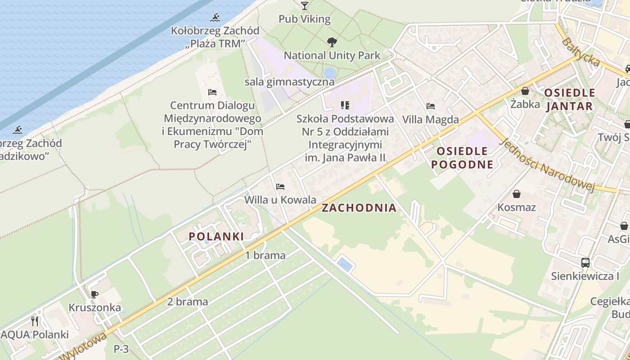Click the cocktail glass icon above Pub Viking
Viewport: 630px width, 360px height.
(x=305, y=5)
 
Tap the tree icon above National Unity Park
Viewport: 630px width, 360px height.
(x=332, y=42)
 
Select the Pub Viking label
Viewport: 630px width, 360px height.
(x=305, y=19)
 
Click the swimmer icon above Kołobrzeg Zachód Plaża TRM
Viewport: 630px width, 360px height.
(x=216, y=18)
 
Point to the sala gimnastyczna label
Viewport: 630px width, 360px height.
(x=289, y=82)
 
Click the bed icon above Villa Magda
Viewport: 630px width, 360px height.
(x=431, y=107)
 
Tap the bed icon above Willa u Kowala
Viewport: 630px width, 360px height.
(x=280, y=186)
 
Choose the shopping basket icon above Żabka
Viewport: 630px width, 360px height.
(x=525, y=91)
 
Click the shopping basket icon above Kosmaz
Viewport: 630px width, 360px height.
(x=517, y=194)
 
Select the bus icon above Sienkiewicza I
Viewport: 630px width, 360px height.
(x=585, y=263)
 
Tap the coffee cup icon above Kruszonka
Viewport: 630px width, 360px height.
(x=94, y=295)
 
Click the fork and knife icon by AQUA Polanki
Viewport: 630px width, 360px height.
(x=35, y=321)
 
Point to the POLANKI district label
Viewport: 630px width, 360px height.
(x=216, y=236)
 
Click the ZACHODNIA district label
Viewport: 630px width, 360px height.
(x=359, y=208)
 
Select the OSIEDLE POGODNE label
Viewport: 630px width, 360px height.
(x=462, y=157)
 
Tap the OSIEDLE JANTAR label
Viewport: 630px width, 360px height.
(x=569, y=99)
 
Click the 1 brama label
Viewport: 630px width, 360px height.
(x=265, y=256)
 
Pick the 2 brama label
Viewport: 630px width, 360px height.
(x=188, y=302)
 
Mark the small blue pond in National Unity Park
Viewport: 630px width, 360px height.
(x=330, y=72)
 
